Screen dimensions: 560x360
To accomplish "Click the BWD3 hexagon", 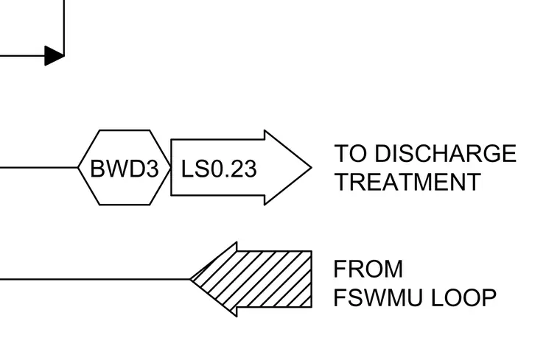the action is point(125,167).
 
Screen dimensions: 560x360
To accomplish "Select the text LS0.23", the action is point(219,169).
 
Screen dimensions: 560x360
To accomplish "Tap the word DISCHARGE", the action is point(445,153).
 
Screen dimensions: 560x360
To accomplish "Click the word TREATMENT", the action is point(407,182).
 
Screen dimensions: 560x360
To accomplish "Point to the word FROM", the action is point(368,269).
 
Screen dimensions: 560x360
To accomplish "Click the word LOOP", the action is point(463,297).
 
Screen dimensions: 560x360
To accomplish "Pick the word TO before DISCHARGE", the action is point(350,153).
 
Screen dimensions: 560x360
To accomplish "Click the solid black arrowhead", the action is point(55,56).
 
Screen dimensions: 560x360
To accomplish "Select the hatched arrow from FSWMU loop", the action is point(251,279).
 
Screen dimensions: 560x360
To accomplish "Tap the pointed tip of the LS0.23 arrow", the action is point(312,167).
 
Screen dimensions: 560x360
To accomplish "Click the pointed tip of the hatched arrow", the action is point(190,279).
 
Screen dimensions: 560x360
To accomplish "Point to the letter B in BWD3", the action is point(97,169).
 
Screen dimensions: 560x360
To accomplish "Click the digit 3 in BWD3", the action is point(152,169).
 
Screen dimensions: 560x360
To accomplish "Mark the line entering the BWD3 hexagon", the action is point(39,167).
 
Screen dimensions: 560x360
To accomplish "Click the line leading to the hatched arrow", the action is point(95,279).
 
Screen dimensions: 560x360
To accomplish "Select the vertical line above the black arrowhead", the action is point(64,28).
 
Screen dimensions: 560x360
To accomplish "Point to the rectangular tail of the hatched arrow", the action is point(274,279).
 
